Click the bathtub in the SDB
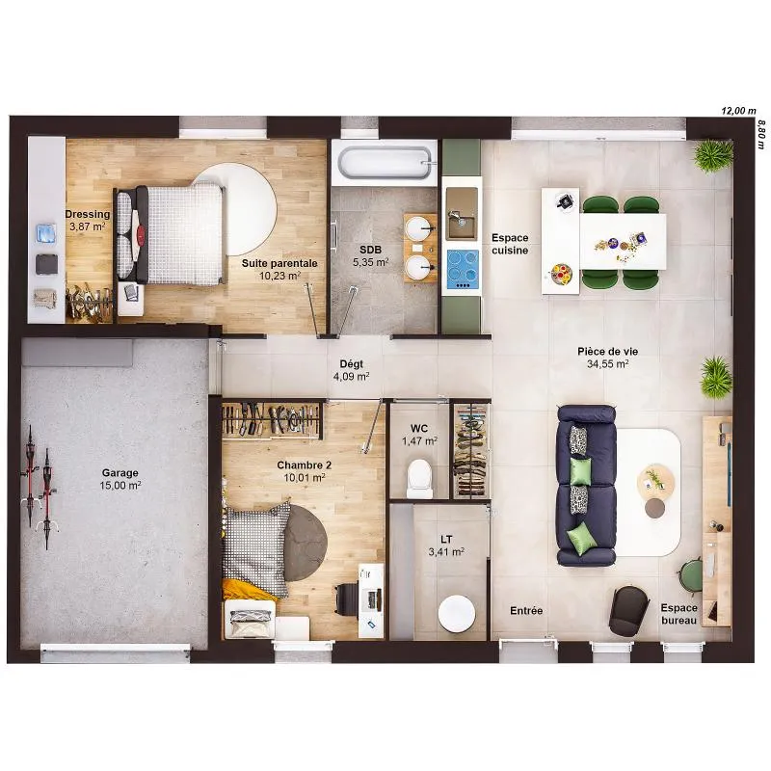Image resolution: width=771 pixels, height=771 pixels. click(384, 162)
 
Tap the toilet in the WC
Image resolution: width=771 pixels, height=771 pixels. click(420, 478)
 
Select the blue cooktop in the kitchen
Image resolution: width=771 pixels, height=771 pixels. click(463, 270)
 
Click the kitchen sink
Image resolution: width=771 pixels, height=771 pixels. click(462, 214)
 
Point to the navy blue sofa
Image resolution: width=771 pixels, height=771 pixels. click(586, 486)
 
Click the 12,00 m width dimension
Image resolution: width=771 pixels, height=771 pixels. click(738, 111)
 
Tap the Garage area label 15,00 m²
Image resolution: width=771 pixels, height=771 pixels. click(120, 486)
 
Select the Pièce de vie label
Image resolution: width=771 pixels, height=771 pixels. click(608, 352)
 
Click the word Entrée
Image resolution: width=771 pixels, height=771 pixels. click(526, 611)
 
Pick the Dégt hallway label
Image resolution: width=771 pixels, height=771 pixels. click(352, 364)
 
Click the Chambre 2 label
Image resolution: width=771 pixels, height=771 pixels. click(304, 465)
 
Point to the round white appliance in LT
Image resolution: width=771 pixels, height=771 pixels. click(457, 614)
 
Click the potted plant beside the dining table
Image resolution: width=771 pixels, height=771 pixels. click(713, 155)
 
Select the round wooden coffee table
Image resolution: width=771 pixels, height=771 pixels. click(655, 478)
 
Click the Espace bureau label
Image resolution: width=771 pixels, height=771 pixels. click(679, 614)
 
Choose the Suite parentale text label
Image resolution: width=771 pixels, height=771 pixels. click(279, 263)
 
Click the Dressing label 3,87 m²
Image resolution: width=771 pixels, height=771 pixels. click(87, 226)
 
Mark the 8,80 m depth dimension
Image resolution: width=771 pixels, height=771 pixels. click(761, 134)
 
